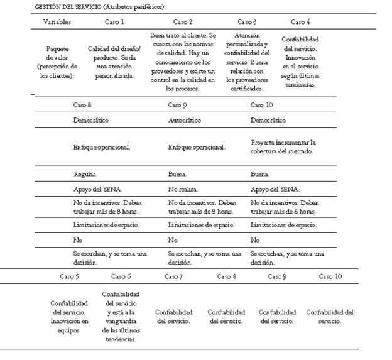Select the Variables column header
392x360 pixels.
(x=57, y=21)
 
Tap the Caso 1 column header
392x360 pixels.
(x=114, y=21)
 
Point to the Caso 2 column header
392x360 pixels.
(x=183, y=21)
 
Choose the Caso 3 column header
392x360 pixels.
(x=247, y=21)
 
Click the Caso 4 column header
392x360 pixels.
(x=300, y=21)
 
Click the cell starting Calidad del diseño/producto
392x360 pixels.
(x=114, y=62)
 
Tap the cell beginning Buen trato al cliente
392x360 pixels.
(x=183, y=62)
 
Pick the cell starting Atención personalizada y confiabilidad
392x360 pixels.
(x=247, y=62)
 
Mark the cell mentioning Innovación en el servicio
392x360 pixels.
(x=300, y=62)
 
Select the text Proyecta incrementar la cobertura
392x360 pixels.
(x=283, y=146)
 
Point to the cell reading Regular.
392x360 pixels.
(x=85, y=174)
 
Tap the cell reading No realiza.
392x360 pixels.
(x=183, y=188)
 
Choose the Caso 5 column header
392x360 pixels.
(x=70, y=276)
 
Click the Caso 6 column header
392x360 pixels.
(x=121, y=276)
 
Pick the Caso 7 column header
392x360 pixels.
(x=174, y=276)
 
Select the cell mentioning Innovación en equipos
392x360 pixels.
(x=70, y=316)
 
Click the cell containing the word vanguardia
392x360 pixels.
(x=121, y=316)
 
